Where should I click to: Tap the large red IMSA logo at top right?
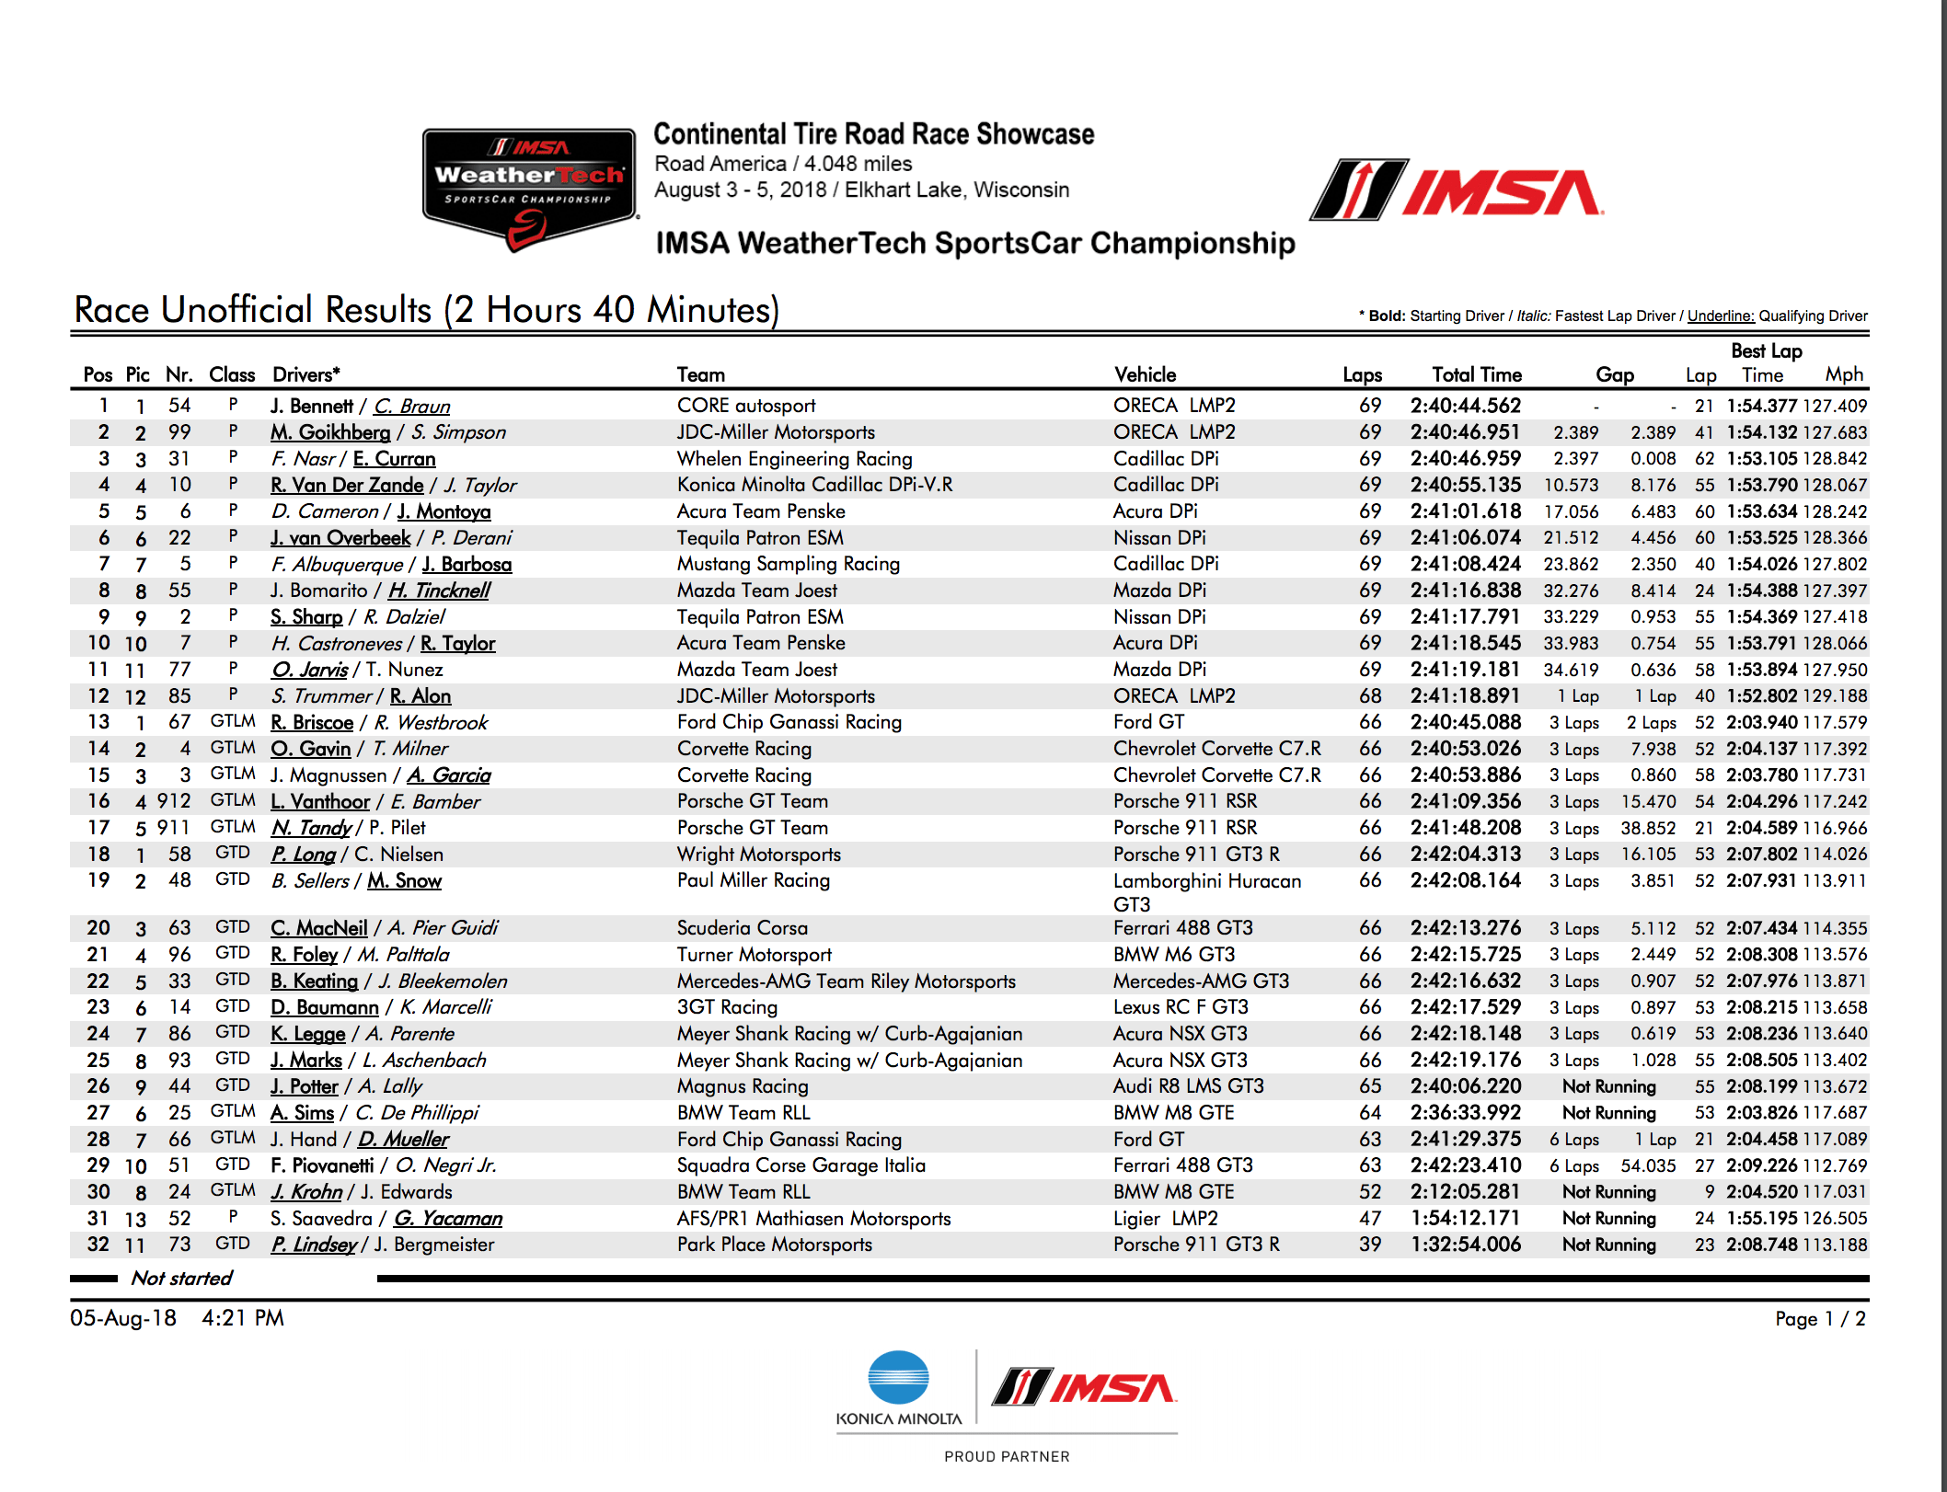click(1457, 191)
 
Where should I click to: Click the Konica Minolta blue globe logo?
click(898, 1377)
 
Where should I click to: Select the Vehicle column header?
click(1145, 374)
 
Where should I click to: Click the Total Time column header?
click(1476, 374)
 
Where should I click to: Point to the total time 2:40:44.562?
click(1465, 406)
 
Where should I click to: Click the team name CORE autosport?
click(745, 406)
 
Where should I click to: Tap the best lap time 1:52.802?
click(1761, 696)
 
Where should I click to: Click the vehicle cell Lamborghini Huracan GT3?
click(1206, 891)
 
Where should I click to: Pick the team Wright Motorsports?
click(758, 855)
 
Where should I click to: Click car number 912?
click(173, 801)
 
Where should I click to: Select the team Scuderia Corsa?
click(742, 928)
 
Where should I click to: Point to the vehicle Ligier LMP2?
click(1165, 1219)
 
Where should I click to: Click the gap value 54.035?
click(1648, 1165)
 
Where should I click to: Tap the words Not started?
click(181, 1278)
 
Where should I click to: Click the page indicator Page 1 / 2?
click(1819, 1318)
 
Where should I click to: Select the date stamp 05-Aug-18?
click(123, 1318)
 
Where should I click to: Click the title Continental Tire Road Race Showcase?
click(873, 134)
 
